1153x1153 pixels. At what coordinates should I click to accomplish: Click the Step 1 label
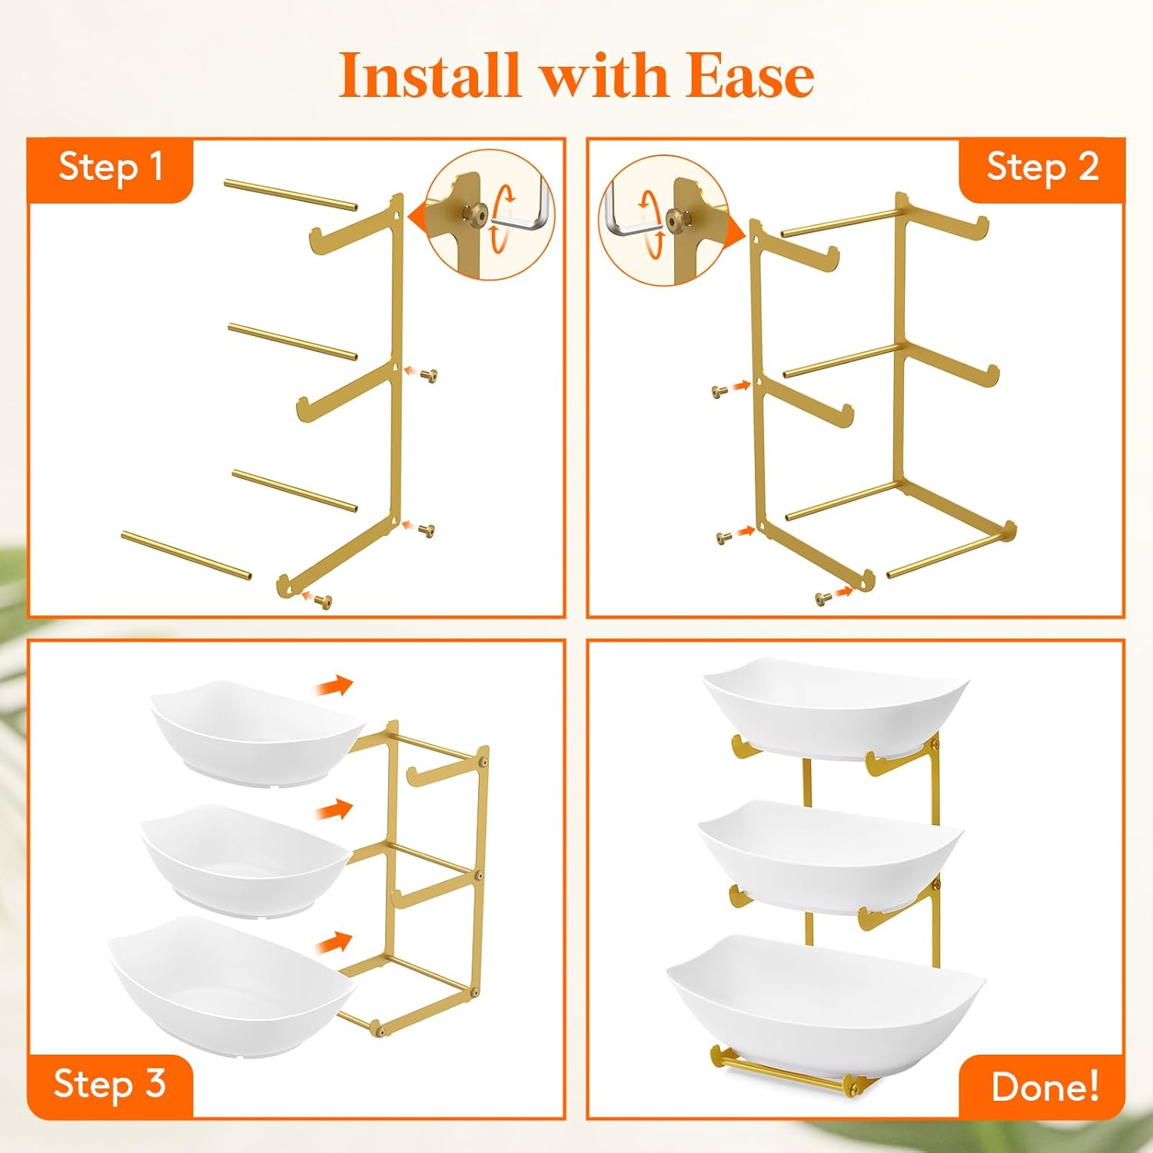pos(111,168)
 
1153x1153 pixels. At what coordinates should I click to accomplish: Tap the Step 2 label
pos(1042,168)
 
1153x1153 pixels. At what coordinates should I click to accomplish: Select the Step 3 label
pos(110,1084)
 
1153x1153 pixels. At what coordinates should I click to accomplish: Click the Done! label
pos(1045,1086)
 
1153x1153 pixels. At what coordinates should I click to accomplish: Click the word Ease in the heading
pos(749,77)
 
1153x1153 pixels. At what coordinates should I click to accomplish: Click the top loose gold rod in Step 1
pos(291,194)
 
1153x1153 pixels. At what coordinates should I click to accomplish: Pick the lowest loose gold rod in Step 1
pos(186,555)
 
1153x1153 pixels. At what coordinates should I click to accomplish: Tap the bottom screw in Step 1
pos(326,601)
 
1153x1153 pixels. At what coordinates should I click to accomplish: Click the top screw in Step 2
pos(720,391)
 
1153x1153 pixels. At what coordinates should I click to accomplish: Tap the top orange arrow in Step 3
pos(334,685)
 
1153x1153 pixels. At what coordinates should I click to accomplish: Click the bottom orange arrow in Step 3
pos(334,942)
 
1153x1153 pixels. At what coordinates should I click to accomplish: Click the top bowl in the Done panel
pos(834,707)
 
